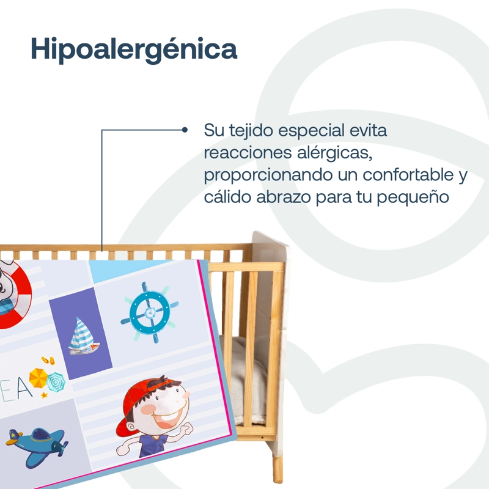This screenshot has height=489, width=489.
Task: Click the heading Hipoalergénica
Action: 134,50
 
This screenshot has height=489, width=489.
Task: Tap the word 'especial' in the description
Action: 311,131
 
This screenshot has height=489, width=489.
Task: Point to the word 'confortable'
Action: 408,174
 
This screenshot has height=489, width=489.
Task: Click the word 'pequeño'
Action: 413,198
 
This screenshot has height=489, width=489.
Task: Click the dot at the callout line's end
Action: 185,130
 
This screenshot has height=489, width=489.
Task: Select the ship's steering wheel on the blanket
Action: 150,312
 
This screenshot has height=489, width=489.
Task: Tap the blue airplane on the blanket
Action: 37,445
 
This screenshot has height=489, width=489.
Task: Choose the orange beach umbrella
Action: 38,378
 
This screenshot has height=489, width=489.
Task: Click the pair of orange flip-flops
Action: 48,361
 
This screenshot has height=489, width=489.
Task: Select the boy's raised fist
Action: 186,429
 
